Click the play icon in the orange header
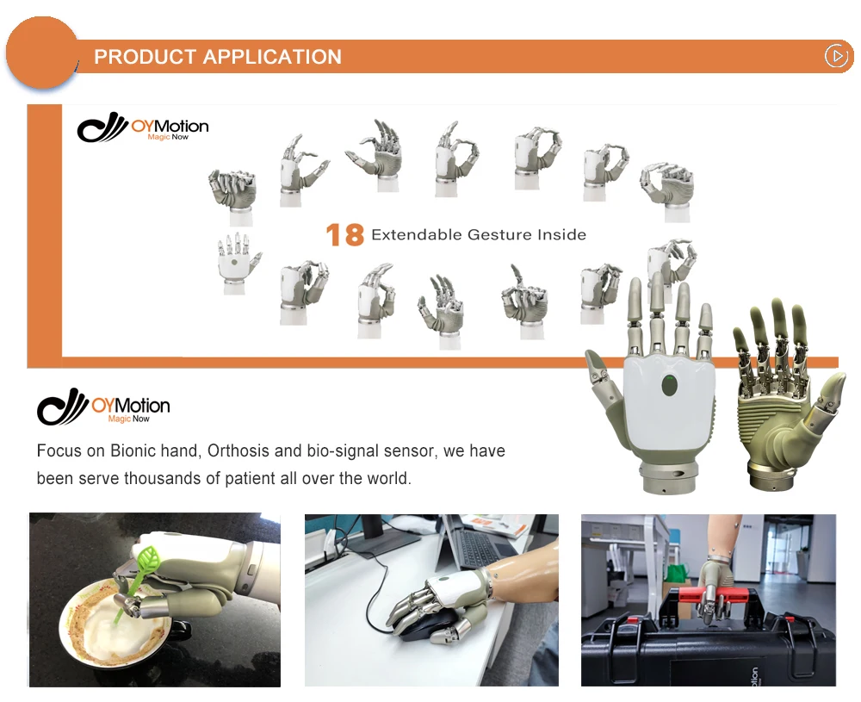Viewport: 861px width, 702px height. tap(836, 56)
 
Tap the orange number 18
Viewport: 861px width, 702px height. tap(344, 234)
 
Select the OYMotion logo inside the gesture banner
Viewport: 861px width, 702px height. tap(143, 129)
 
